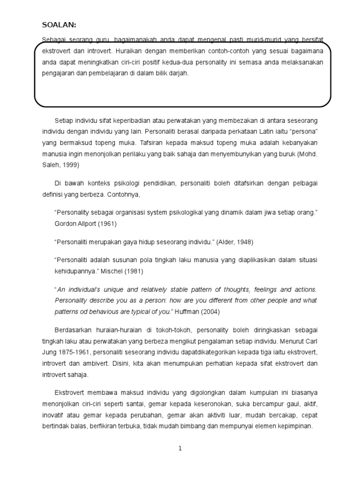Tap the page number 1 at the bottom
180,449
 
